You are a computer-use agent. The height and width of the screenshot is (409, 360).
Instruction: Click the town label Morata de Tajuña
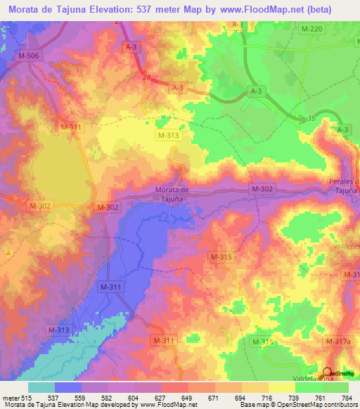(x=174, y=193)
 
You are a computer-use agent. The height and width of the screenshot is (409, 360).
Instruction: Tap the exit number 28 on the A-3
(x=146, y=78)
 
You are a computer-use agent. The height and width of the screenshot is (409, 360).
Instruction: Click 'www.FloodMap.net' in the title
(x=273, y=9)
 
